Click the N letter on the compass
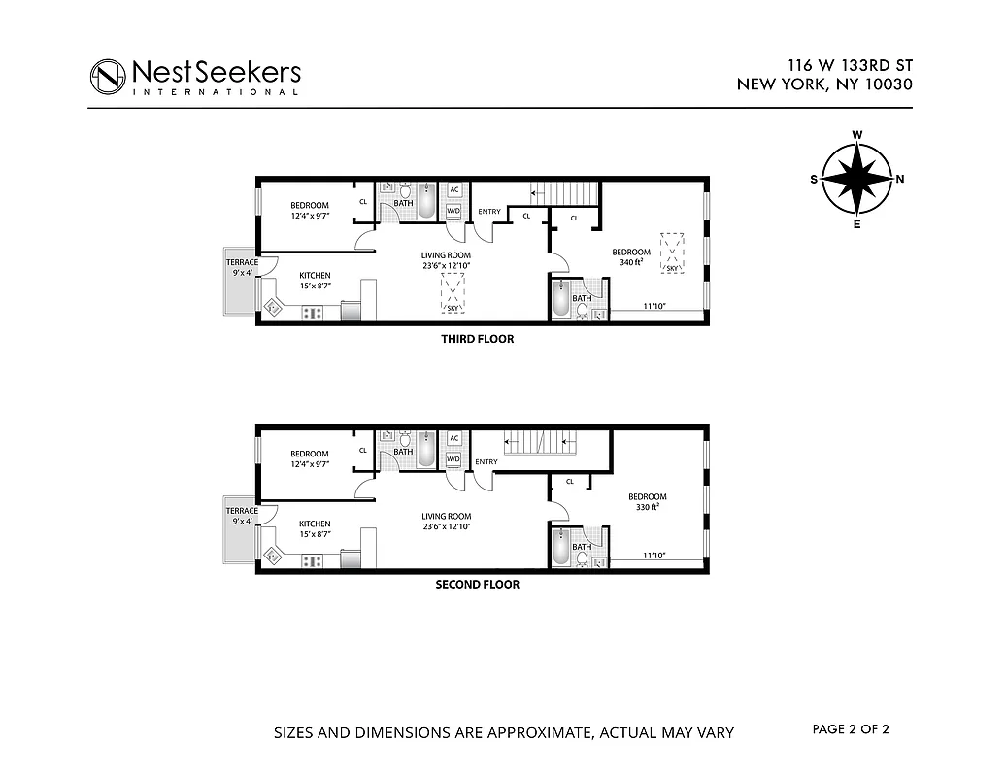click(899, 180)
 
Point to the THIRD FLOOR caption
click(477, 340)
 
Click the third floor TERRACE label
click(242, 263)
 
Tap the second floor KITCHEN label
click(315, 524)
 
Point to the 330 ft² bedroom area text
click(647, 507)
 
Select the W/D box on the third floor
click(453, 211)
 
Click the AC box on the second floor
click(453, 438)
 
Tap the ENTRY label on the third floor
click(489, 212)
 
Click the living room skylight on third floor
click(453, 292)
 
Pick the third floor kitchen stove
click(313, 313)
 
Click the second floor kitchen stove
click(313, 560)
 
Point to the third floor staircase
click(567, 192)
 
